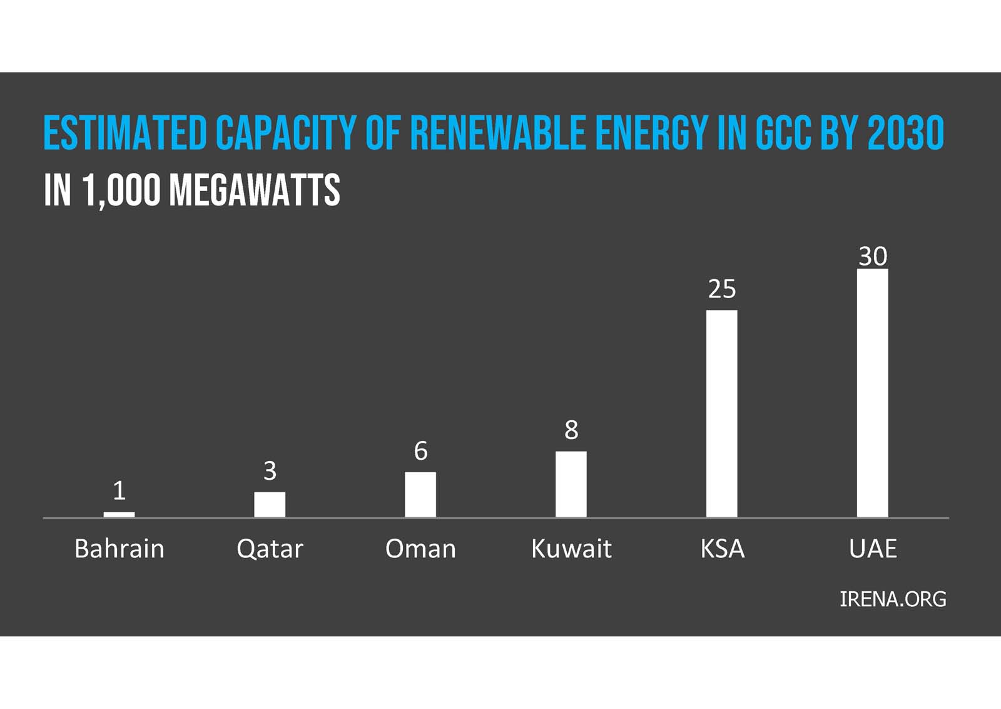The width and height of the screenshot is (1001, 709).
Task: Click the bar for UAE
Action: (x=872, y=393)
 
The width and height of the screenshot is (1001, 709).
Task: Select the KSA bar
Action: (x=721, y=413)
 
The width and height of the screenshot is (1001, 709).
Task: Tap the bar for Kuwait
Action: (x=571, y=484)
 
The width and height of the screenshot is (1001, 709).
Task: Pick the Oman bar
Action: (x=420, y=494)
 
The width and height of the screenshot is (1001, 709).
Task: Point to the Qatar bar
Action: (x=270, y=505)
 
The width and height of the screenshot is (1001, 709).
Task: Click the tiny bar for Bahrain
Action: (x=119, y=515)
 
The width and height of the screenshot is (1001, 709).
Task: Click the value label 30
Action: (x=872, y=256)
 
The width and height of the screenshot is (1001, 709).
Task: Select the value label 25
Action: (x=721, y=289)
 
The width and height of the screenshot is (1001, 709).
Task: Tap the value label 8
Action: (x=571, y=430)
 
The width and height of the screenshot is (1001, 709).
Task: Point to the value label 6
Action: (x=420, y=451)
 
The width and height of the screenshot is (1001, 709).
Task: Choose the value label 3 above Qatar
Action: (x=270, y=471)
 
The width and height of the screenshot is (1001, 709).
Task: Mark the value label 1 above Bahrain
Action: (x=119, y=491)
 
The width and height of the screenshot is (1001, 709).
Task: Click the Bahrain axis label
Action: (x=119, y=549)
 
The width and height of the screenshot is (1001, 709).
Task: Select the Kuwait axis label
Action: (x=571, y=549)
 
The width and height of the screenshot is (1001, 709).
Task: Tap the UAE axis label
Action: (x=872, y=549)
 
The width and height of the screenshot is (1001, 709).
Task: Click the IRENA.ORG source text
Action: (x=892, y=599)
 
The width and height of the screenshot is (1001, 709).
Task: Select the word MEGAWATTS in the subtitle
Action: (x=255, y=190)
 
